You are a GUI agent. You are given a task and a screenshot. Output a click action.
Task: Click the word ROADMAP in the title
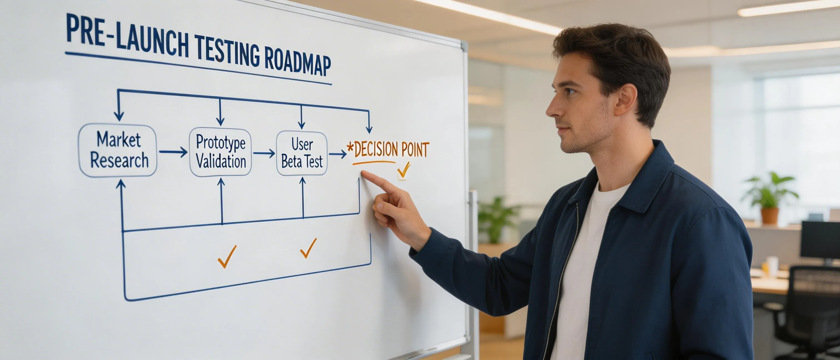pyautogui.click(x=297, y=62)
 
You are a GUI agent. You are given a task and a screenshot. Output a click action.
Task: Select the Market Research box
pyautogui.click(x=118, y=150)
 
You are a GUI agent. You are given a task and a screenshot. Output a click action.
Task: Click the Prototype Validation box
pyautogui.click(x=220, y=152)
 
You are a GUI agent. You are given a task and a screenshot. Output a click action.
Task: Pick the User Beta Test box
pyautogui.click(x=302, y=153)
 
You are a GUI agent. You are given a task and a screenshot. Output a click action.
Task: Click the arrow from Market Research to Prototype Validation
pyautogui.click(x=173, y=152)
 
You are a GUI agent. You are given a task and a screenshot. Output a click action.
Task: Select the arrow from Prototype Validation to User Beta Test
pyautogui.click(x=264, y=154)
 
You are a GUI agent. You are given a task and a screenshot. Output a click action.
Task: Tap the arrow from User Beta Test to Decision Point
pyautogui.click(x=337, y=155)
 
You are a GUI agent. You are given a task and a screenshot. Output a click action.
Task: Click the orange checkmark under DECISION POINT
pyautogui.click(x=404, y=171)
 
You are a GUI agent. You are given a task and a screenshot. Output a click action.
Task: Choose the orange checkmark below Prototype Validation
pyautogui.click(x=227, y=256)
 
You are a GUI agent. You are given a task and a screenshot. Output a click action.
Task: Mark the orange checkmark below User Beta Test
pyautogui.click(x=308, y=248)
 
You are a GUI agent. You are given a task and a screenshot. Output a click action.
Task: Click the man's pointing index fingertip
pyautogui.click(x=364, y=173)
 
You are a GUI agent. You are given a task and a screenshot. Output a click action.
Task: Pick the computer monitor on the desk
pyautogui.click(x=819, y=240)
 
